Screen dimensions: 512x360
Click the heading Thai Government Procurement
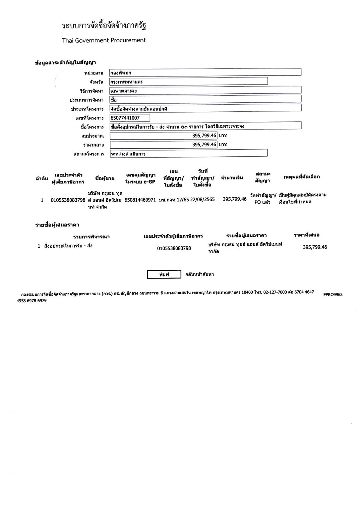104,40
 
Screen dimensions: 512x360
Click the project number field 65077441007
130,118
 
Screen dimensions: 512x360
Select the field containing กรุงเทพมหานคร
188,82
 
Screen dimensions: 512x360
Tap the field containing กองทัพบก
205,72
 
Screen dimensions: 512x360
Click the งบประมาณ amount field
163,136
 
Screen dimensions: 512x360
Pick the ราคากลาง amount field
163,145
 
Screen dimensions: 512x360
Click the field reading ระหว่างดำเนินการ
188,154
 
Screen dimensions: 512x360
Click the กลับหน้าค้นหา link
199,274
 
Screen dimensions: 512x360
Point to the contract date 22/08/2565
202,200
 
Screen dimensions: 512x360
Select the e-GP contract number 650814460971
140,200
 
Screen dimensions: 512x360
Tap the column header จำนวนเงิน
232,177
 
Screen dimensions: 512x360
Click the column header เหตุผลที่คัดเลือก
302,176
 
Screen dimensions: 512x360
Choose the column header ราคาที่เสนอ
306,235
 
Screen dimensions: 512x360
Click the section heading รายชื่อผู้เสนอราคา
57,225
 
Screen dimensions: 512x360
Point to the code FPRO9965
333,295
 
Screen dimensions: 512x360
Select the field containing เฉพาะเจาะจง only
205,90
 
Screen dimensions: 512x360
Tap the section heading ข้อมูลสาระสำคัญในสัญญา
65,62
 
